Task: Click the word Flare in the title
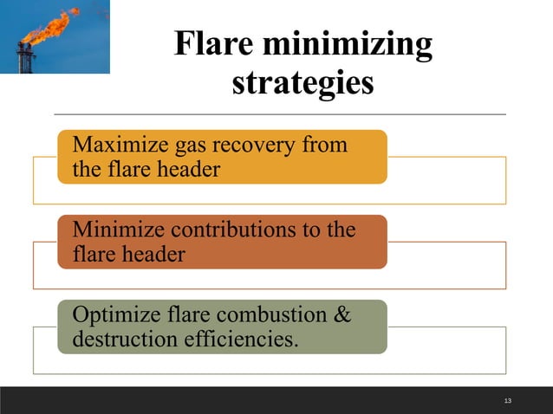pos(214,44)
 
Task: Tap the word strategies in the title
pos(303,84)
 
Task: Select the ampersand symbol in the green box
pos(342,314)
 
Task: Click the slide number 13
pos(507,400)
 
